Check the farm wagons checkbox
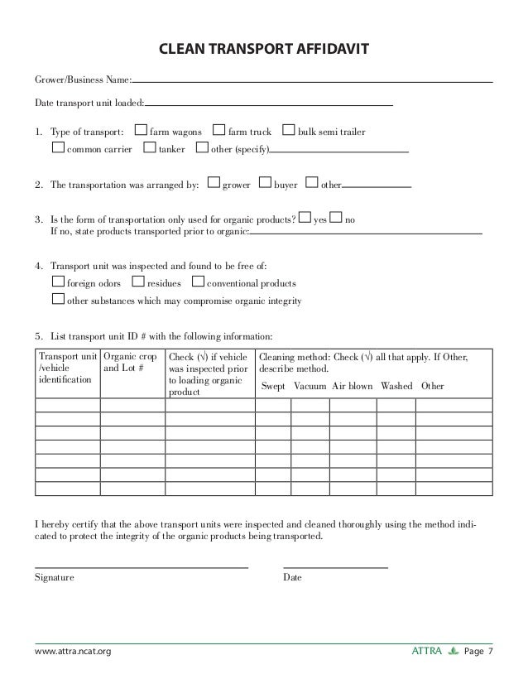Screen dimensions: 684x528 point(141,131)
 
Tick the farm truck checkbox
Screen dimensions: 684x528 point(218,131)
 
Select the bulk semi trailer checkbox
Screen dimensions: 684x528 point(289,131)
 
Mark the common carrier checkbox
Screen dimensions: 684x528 point(57,149)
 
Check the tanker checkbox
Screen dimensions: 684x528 point(149,149)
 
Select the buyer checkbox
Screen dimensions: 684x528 point(265,184)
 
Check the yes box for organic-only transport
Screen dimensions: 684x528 point(305,219)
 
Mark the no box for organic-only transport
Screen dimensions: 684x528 point(335,219)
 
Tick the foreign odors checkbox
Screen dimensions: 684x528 point(57,282)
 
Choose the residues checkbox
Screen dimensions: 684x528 point(138,282)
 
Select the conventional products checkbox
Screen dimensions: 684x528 point(197,282)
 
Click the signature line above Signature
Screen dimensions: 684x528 point(141,566)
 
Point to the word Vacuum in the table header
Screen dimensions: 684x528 point(310,386)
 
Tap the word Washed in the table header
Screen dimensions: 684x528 point(396,386)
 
